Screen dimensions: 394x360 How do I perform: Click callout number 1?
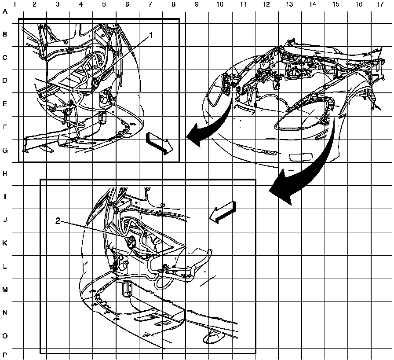click(x=151, y=36)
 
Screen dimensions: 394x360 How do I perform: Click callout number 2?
click(x=58, y=221)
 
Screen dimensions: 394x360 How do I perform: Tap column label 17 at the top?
click(x=380, y=4)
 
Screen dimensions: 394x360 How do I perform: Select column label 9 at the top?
click(x=197, y=4)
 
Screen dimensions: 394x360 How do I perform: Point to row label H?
click(x=5, y=174)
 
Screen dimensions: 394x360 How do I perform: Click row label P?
click(x=5, y=355)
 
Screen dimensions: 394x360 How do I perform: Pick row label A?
click(x=5, y=11)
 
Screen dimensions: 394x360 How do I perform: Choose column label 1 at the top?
click(x=15, y=4)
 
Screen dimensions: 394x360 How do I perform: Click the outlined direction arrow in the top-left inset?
click(x=159, y=143)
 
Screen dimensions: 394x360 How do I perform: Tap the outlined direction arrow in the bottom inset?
click(x=223, y=212)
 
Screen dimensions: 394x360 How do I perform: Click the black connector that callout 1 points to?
click(x=95, y=83)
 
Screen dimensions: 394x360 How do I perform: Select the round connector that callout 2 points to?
click(x=131, y=242)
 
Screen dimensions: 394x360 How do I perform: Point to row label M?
click(x=5, y=290)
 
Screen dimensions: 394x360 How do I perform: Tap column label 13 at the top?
click(x=289, y=4)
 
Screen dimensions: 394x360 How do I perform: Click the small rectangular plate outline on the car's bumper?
click(x=301, y=158)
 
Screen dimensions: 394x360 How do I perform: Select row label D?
click(x=5, y=81)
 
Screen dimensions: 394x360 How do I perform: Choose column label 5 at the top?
click(x=104, y=4)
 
